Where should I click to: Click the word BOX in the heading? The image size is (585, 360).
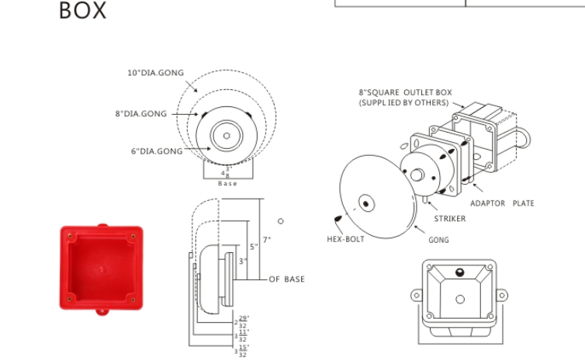83,11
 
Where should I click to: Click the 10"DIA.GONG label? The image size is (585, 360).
155,73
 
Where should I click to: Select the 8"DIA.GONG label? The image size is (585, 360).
140,114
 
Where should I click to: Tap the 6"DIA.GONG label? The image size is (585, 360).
156,151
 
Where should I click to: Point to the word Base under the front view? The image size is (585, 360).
227,184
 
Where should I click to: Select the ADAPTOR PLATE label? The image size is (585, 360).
502,203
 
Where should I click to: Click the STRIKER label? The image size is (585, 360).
450,219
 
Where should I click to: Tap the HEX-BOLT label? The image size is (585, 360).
345,239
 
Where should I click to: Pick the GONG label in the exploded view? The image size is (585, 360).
438,240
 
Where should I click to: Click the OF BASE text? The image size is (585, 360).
286,279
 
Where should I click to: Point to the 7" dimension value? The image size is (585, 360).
266,241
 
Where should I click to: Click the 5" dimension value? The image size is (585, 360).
254,247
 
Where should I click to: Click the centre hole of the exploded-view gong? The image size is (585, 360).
365,204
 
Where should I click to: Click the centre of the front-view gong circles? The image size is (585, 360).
226,135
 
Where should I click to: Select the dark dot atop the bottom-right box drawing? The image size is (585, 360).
459,272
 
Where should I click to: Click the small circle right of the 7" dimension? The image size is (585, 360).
281,221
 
